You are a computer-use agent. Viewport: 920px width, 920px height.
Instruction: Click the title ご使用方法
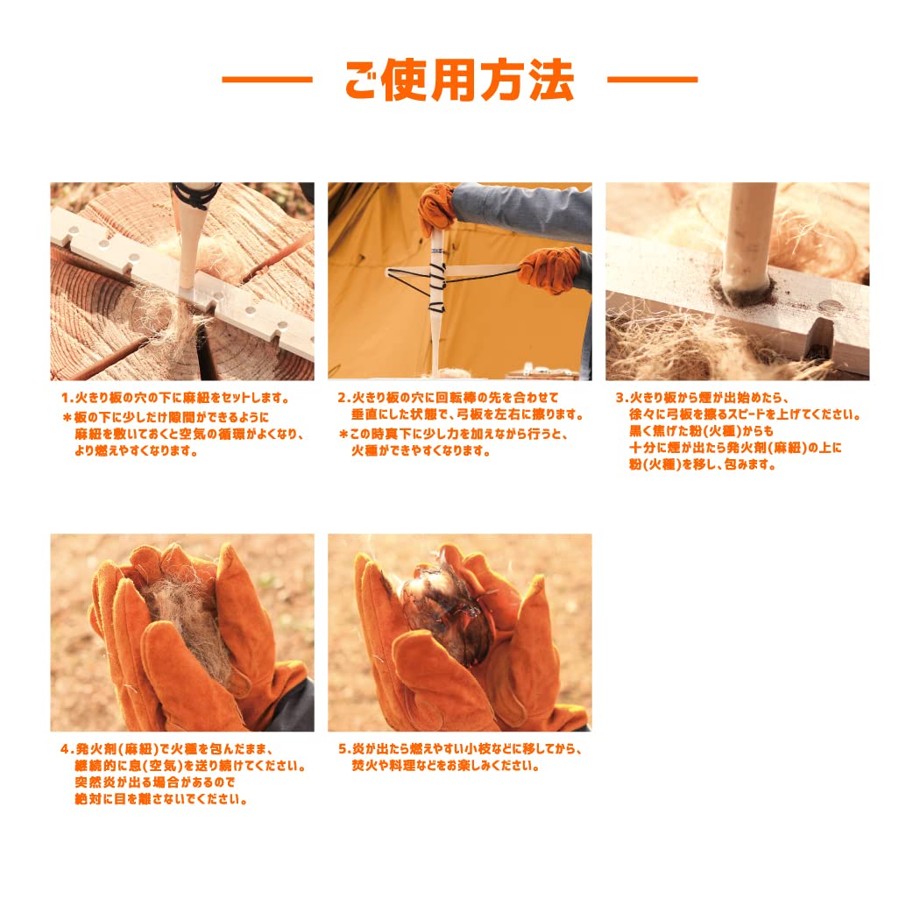point(459,80)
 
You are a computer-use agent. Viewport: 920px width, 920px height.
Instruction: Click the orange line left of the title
point(267,79)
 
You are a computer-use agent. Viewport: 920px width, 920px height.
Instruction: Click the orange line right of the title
point(653,79)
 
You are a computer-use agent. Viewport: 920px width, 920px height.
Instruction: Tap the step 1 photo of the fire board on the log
point(182,281)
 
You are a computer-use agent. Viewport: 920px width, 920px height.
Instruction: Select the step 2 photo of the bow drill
point(460,281)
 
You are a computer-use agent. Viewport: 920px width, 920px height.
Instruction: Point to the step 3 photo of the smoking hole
point(738,281)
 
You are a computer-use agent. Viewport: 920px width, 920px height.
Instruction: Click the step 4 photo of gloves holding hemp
point(182,633)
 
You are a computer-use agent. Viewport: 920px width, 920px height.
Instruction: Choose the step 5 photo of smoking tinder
point(460,633)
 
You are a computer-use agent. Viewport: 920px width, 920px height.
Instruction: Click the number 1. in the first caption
point(67,398)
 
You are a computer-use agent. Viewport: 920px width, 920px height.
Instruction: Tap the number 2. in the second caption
point(343,398)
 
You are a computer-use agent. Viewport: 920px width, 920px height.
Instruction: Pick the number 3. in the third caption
point(622,398)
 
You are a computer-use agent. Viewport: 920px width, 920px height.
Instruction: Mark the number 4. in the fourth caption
point(67,749)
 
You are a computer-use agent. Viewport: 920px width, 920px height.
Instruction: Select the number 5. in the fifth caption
point(344,749)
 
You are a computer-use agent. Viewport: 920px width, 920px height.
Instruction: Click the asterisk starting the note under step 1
point(67,418)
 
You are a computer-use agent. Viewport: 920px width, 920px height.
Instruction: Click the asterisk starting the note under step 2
point(343,435)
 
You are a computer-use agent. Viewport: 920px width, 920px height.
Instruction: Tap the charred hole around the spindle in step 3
point(743,287)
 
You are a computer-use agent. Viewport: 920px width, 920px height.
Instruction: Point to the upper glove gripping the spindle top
point(436,209)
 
